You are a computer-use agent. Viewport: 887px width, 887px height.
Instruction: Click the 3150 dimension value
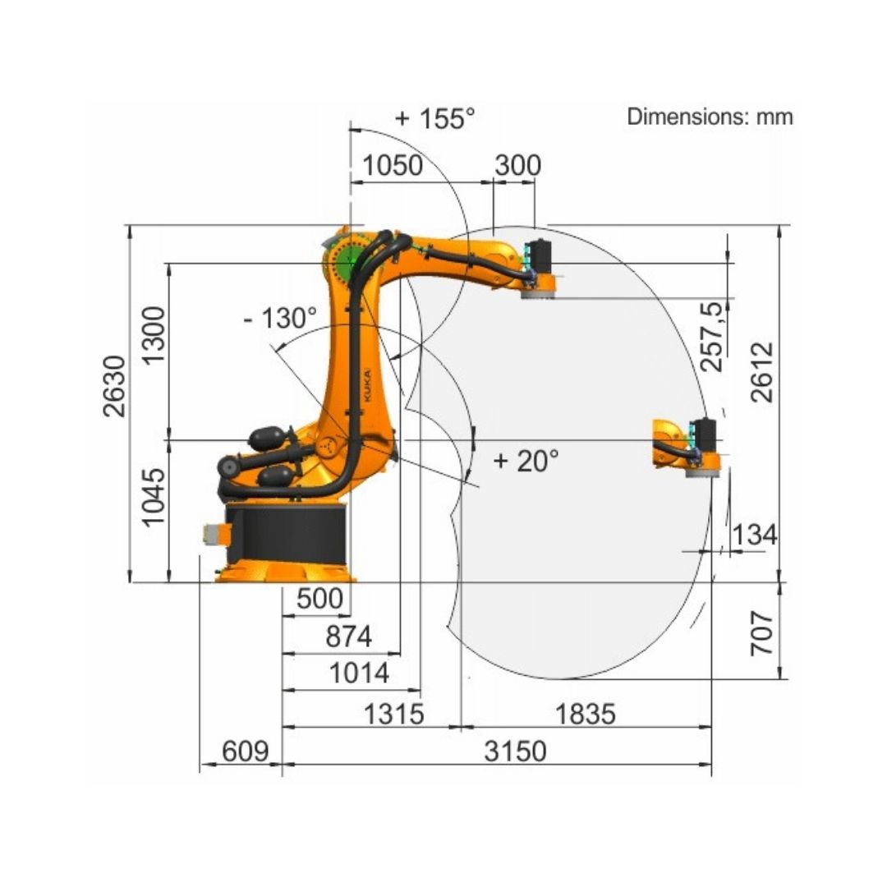click(515, 751)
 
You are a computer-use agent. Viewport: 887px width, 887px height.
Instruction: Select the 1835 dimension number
click(585, 714)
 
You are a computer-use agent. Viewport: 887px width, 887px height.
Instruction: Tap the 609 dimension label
click(245, 751)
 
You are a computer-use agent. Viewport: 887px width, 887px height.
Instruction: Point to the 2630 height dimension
click(114, 386)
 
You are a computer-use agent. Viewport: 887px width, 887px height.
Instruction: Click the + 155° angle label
click(435, 118)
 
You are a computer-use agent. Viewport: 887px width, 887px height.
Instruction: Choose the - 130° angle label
click(281, 318)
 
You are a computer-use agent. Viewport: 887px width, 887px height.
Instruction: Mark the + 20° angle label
click(526, 461)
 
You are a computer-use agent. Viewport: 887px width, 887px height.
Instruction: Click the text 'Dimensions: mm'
click(710, 117)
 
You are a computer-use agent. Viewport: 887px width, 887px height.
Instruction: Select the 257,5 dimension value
click(712, 338)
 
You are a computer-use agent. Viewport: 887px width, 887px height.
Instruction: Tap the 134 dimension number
click(755, 535)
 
